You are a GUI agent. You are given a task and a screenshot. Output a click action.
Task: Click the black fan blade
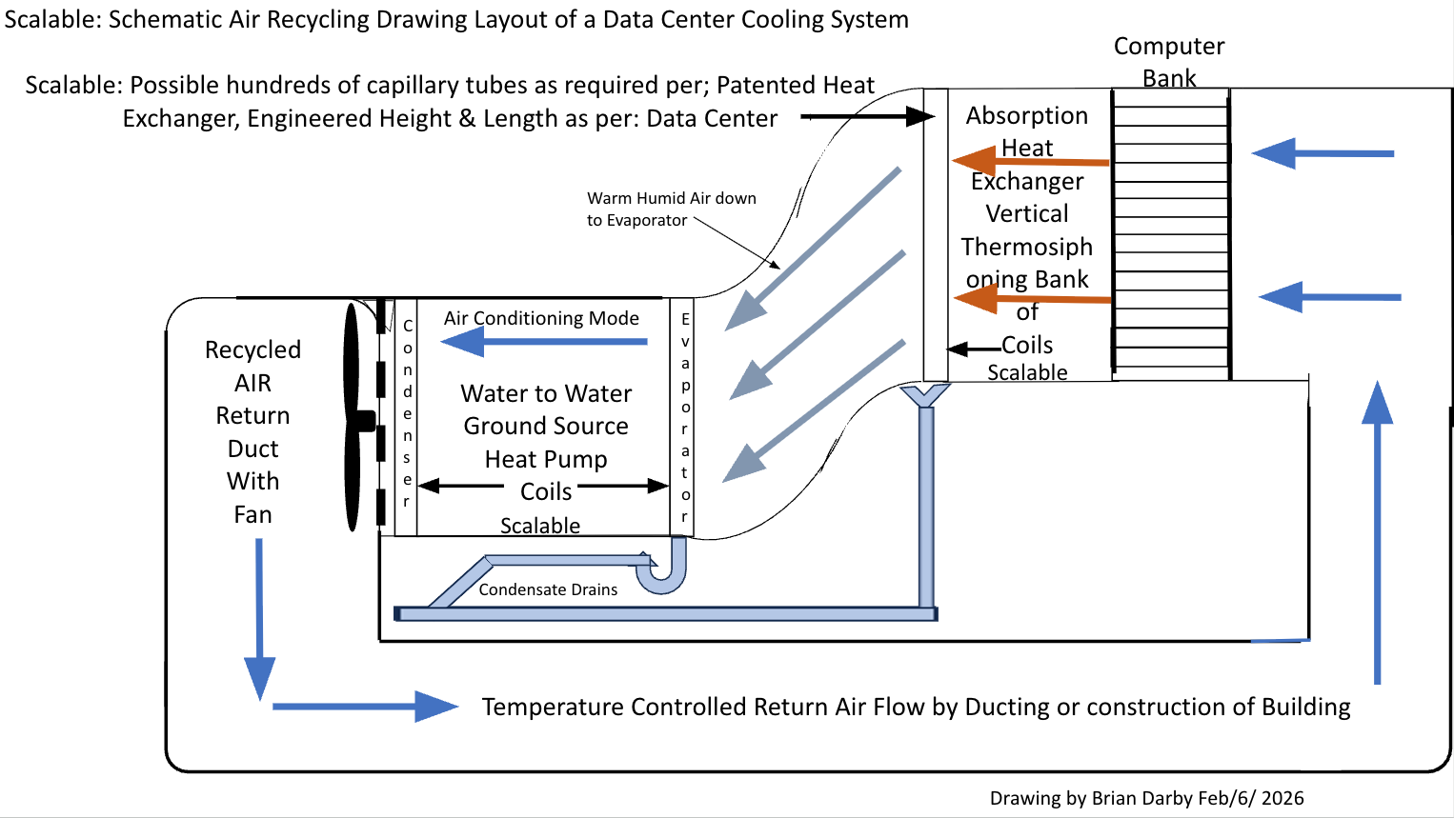353,417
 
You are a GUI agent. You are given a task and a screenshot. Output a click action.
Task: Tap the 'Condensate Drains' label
548,589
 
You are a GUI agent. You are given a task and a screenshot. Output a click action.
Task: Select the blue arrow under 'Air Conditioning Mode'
544,341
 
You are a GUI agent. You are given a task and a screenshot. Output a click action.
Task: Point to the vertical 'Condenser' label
407,413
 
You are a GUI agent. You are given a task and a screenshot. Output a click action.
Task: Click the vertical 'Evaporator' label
685,418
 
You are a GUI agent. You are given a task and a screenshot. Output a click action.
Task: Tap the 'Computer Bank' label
1169,62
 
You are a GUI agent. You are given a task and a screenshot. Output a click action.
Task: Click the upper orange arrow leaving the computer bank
1031,161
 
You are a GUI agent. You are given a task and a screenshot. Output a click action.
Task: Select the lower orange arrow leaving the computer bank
1033,299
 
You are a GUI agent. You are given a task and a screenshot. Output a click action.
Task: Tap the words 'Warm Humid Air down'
672,198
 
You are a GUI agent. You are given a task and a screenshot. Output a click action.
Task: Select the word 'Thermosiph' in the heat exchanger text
1027,248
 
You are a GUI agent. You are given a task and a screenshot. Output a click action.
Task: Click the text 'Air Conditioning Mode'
541,318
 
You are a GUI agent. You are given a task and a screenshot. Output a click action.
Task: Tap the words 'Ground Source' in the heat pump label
546,427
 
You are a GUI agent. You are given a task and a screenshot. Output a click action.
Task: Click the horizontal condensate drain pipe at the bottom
666,613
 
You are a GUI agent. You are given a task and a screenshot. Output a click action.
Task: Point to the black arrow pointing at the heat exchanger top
868,117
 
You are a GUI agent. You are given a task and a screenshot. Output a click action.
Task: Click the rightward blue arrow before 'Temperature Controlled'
366,707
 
